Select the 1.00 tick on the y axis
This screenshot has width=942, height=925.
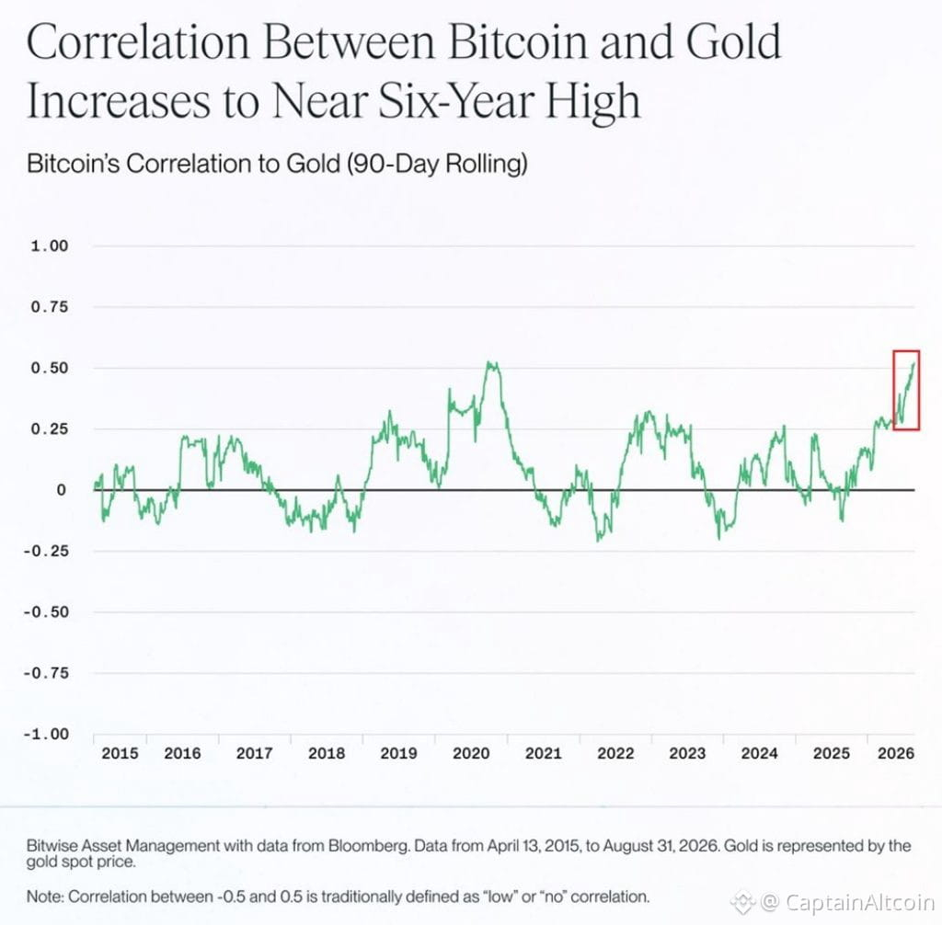[50, 246]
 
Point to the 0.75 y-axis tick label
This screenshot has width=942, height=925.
[50, 307]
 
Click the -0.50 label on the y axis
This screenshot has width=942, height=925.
[46, 612]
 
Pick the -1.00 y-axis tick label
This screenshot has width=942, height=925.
[46, 734]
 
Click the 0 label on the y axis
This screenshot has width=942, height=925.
[62, 490]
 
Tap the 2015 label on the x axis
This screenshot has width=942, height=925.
[120, 753]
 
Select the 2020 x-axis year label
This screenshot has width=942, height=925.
[471, 753]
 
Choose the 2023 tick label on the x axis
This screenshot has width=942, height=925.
[687, 753]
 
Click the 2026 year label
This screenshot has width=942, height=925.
[896, 753]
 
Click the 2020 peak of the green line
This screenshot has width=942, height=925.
[491, 363]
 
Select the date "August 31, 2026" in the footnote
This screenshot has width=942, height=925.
[661, 846]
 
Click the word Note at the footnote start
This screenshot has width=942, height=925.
[45, 896]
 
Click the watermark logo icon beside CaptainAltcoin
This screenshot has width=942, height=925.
[742, 902]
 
